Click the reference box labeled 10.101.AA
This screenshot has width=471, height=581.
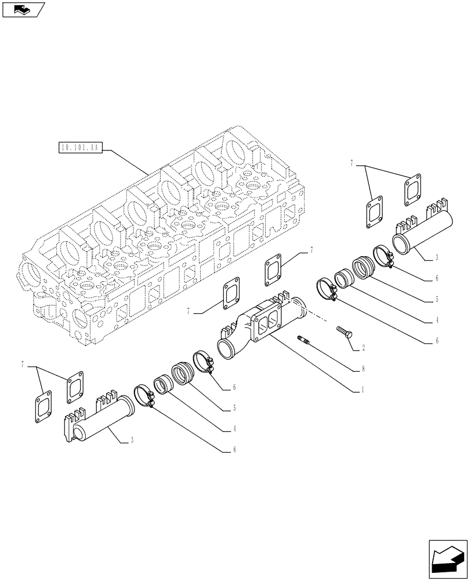click(x=81, y=148)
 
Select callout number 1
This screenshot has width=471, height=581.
click(x=363, y=391)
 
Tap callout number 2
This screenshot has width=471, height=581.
click(x=363, y=348)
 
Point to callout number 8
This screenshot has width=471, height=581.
click(x=363, y=369)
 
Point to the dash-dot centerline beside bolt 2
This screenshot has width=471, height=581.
click(x=319, y=318)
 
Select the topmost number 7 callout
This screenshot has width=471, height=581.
click(x=352, y=164)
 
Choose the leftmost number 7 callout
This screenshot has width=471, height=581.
click(x=24, y=365)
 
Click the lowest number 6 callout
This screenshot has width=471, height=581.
click(x=234, y=449)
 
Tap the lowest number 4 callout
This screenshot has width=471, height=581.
click(x=234, y=429)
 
